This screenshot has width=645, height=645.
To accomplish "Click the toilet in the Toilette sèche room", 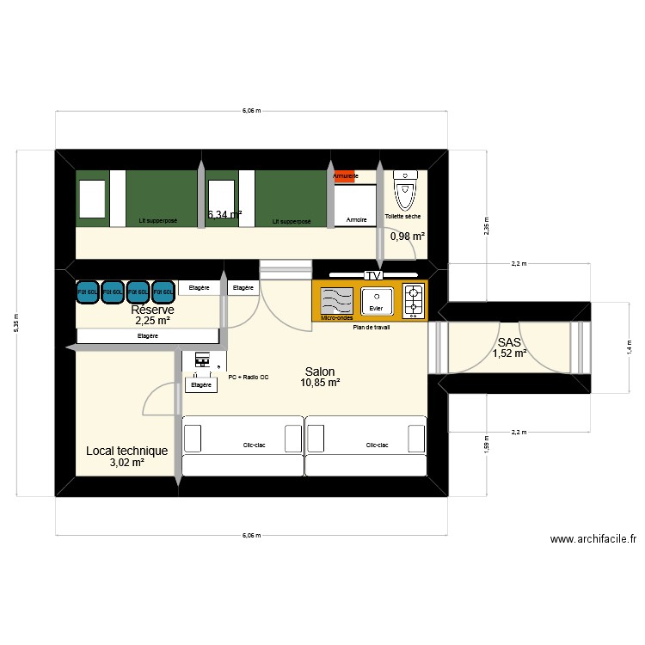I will click(x=403, y=189).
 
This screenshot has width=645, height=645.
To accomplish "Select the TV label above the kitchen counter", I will click(x=373, y=275).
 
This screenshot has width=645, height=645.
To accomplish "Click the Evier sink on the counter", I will click(x=376, y=301).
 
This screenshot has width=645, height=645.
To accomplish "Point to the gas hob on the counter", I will click(x=414, y=300).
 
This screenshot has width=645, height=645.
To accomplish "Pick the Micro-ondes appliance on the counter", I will click(x=336, y=302).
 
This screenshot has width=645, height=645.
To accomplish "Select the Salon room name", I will click(x=319, y=372).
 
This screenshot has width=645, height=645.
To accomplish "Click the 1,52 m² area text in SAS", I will click(x=509, y=353).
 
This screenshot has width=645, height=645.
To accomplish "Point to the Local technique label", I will click(x=127, y=451).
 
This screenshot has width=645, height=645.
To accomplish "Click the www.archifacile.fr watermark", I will click(x=593, y=539).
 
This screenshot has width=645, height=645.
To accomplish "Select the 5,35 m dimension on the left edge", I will click(x=16, y=323).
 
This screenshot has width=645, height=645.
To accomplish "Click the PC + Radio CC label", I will click(x=249, y=377).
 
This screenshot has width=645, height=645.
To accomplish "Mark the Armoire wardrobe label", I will click(x=357, y=220).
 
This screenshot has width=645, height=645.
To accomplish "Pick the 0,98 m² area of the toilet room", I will click(x=408, y=236).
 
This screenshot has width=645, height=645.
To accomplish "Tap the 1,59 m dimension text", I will click(x=486, y=445).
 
